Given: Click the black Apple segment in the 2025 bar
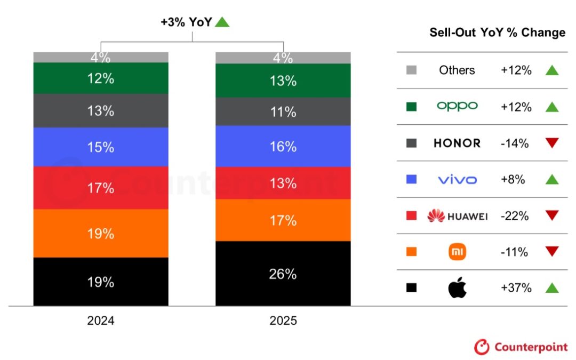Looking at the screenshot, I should pyautogui.click(x=283, y=274).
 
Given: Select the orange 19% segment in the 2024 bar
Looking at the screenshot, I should pyautogui.click(x=101, y=234).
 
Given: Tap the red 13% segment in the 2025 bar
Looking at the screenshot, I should pyautogui.click(x=283, y=183).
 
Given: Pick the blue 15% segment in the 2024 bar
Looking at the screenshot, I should pyautogui.click(x=101, y=147).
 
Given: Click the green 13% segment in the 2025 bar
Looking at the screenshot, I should pyautogui.click(x=283, y=81).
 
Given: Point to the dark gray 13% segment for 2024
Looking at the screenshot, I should pyautogui.click(x=101, y=110).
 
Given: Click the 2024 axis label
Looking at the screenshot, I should pyautogui.click(x=101, y=321).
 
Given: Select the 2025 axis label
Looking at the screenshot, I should pyautogui.click(x=283, y=321).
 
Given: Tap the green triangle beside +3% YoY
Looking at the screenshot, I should pyautogui.click(x=222, y=22).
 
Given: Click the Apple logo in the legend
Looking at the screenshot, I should pyautogui.click(x=457, y=288).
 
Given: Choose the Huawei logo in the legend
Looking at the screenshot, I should pyautogui.click(x=457, y=216).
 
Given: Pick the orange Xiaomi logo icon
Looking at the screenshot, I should pyautogui.click(x=457, y=252).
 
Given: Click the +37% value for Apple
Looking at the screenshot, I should pyautogui.click(x=516, y=288).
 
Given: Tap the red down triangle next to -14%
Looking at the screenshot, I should pyautogui.click(x=552, y=143).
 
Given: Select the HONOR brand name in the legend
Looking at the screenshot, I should pyautogui.click(x=457, y=143).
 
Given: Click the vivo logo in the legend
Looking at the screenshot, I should pyautogui.click(x=457, y=180).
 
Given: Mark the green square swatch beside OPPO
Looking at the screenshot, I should pyautogui.click(x=411, y=107).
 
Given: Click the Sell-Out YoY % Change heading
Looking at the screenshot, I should pyautogui.click(x=497, y=33).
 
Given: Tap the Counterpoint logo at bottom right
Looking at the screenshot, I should pyautogui.click(x=521, y=347).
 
